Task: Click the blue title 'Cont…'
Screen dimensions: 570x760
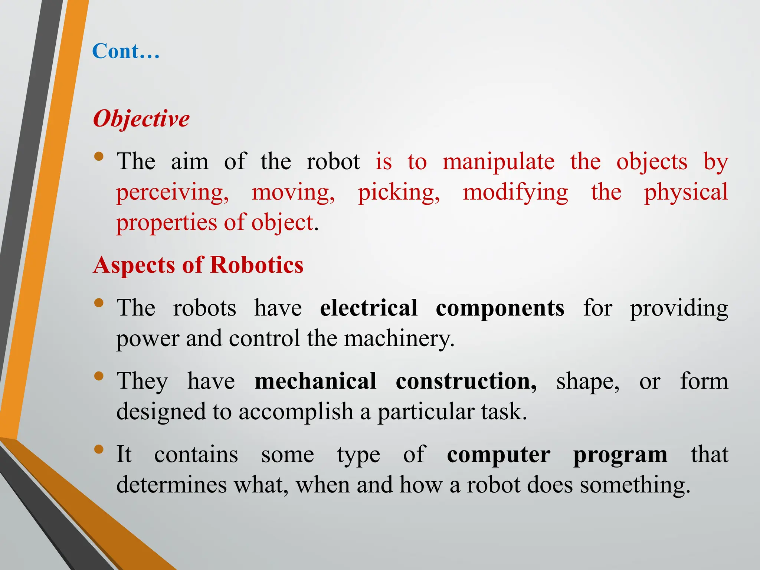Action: [126, 51]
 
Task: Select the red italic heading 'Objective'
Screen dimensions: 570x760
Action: [141, 119]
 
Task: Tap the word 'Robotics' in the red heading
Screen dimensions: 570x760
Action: [257, 265]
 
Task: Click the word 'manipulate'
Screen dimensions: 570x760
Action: [498, 162]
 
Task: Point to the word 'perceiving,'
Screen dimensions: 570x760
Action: [173, 193]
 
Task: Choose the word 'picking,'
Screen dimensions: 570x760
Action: [399, 193]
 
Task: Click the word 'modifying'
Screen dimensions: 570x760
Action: [515, 193]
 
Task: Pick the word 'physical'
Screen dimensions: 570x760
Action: [686, 193]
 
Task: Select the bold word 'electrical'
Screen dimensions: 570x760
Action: [369, 308]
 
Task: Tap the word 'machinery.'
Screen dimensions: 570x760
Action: [399, 338]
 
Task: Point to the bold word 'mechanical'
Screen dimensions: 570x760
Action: [315, 381]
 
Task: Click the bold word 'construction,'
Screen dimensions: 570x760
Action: [466, 381]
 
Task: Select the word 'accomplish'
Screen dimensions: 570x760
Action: [296, 412]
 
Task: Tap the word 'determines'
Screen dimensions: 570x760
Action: [171, 485]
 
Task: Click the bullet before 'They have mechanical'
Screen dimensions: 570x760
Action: [99, 377]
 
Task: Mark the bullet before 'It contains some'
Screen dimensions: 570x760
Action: [99, 450]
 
